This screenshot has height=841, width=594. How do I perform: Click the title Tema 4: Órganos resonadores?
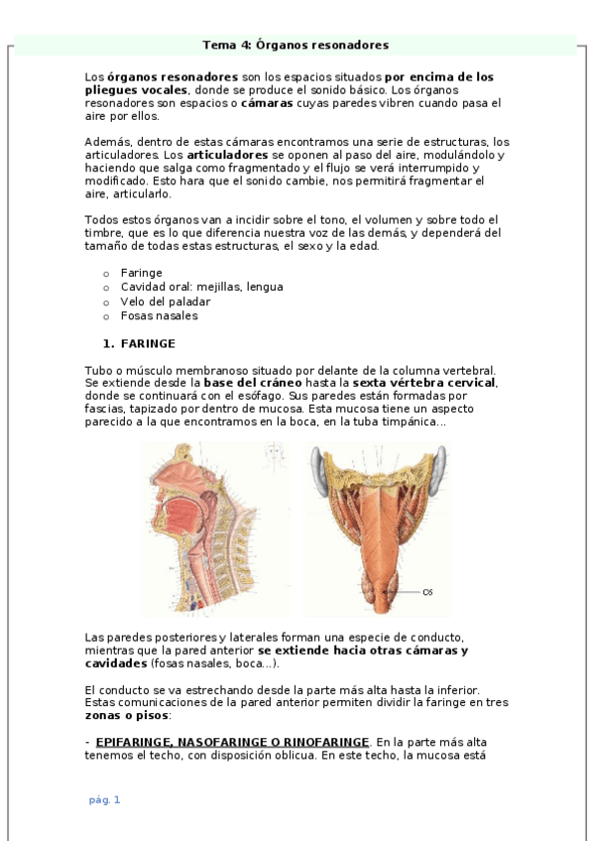point(296,45)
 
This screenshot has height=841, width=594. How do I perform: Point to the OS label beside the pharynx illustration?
point(427,592)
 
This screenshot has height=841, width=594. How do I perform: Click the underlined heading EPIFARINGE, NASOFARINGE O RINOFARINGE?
point(232,742)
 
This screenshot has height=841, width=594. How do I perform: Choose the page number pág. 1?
point(104,799)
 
